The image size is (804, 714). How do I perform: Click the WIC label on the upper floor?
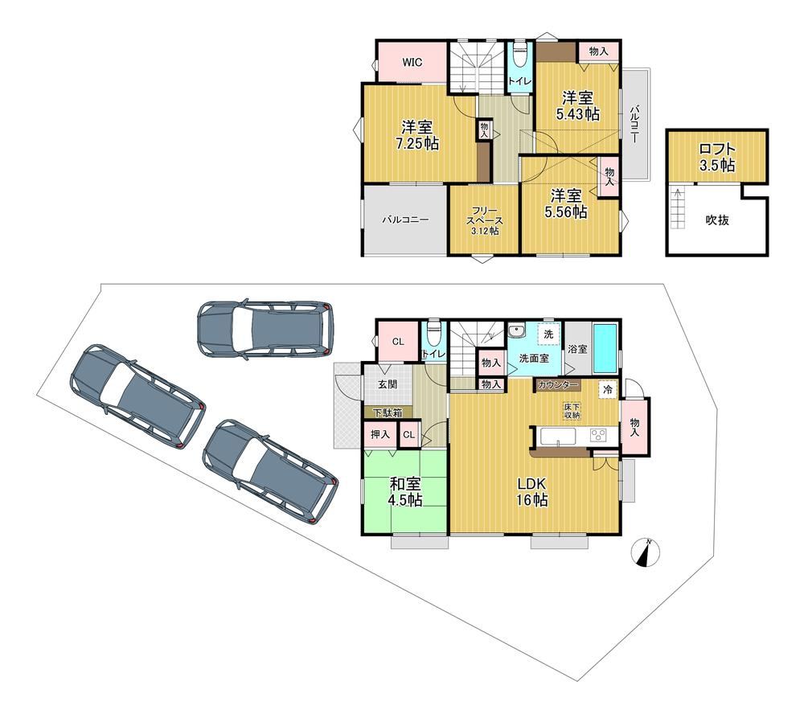(412, 63)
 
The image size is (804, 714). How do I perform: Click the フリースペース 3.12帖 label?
(485, 220)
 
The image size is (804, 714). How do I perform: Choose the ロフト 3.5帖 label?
(717, 158)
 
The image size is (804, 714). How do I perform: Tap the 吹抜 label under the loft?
(717, 220)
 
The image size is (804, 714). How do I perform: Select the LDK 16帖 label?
(531, 492)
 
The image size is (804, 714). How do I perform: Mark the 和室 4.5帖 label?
(405, 492)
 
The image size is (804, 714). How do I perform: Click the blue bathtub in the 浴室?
(605, 348)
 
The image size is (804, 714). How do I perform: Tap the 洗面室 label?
(534, 359)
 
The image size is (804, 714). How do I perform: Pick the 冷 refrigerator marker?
(608, 390)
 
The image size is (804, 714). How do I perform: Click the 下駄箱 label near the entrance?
(388, 412)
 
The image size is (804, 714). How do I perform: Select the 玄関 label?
(388, 384)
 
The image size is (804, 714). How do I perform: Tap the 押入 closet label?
(380, 435)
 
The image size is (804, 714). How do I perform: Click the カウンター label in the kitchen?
(558, 385)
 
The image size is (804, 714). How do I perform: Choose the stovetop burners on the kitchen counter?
(598, 436)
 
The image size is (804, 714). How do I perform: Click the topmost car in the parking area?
(265, 328)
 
